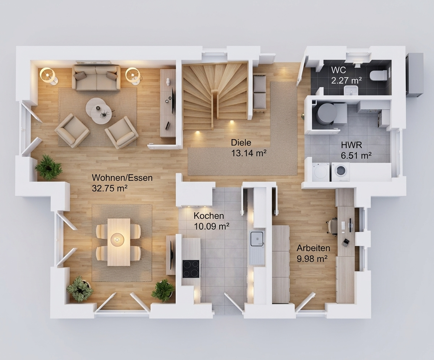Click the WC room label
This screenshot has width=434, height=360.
[338, 69]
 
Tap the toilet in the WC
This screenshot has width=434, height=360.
[378, 75]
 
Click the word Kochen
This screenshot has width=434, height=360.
[209, 215]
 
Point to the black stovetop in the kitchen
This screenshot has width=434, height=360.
[191, 269]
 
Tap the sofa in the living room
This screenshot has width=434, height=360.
[96, 78]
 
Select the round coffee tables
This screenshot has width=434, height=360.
[99, 111]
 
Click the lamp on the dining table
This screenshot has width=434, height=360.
[118, 239]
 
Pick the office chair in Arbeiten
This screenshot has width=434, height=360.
[332, 226]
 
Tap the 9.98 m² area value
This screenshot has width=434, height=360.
[312, 259]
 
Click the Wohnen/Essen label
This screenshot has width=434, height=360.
[122, 178]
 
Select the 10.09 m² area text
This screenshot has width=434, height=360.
[212, 226]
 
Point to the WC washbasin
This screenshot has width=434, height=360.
[351, 90]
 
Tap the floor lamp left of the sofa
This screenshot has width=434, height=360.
[49, 76]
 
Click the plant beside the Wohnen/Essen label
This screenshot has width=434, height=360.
[49, 167]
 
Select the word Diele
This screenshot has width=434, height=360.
[241, 143]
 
